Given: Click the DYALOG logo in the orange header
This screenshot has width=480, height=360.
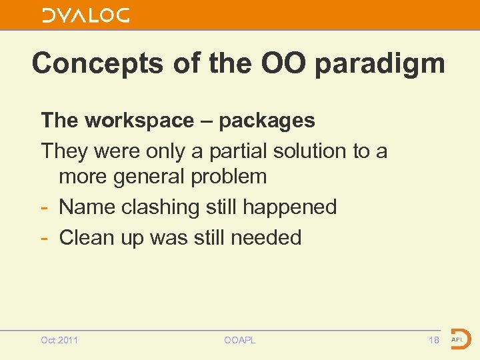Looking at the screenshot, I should point(86,15).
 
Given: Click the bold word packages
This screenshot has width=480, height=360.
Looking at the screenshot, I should point(267,121).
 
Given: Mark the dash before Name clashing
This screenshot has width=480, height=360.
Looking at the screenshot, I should point(45,207).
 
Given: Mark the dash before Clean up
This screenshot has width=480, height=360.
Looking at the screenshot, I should point(45,237).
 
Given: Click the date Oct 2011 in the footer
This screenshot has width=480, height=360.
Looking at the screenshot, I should point(59,341).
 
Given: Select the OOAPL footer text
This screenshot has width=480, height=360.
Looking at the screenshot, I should point(240,341).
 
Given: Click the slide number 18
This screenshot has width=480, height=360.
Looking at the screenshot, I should point(434,341).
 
